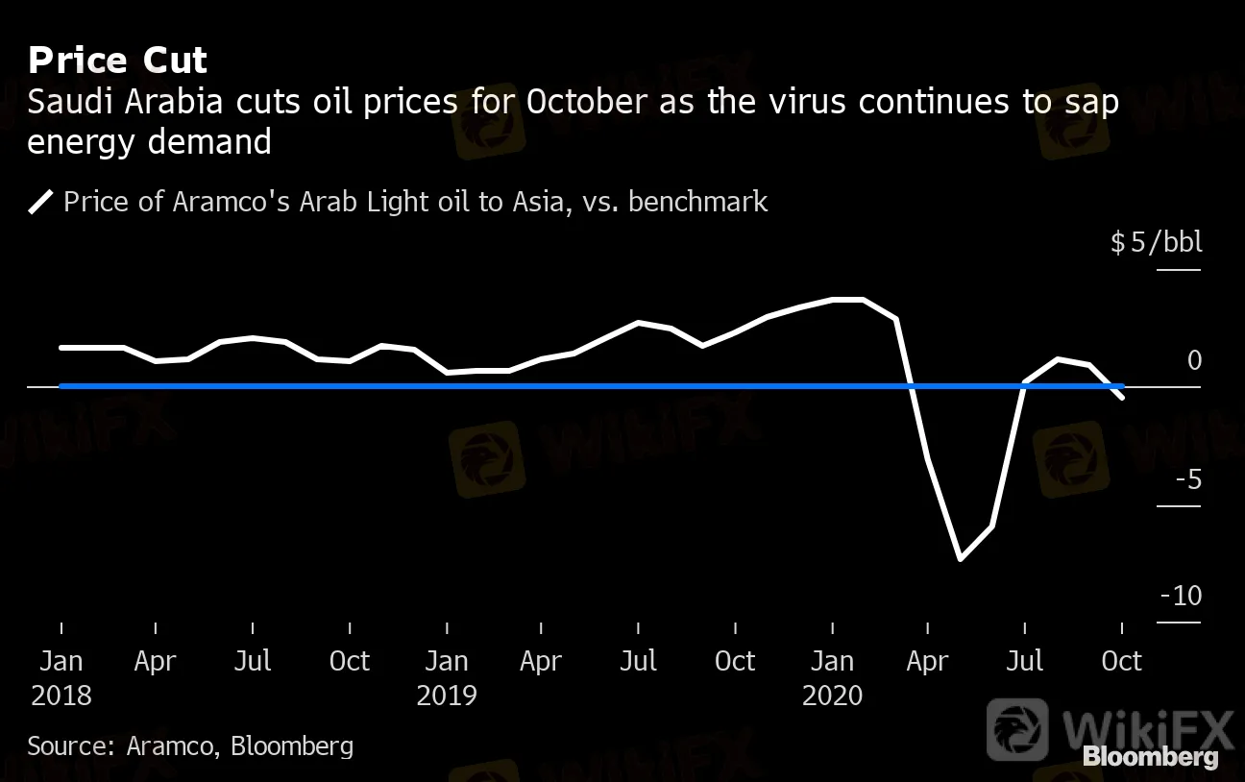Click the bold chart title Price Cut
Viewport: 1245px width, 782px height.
[117, 60]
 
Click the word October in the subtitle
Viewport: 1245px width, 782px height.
[587, 102]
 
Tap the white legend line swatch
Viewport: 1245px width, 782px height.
[40, 202]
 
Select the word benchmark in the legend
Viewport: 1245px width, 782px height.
[697, 201]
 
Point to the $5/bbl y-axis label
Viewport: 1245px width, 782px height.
[1156, 242]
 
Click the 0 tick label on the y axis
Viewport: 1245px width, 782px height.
[1194, 360]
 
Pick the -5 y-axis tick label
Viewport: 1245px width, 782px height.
[1189, 479]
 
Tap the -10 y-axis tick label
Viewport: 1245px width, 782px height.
[1182, 596]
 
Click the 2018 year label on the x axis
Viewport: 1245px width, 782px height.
[61, 696]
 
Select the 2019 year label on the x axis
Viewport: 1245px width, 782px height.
[447, 696]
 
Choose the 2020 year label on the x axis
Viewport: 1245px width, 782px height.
[832, 696]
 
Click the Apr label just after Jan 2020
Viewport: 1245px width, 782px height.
[927, 662]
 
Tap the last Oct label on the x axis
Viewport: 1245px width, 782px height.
[1122, 661]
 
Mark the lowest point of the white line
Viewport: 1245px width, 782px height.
[961, 558]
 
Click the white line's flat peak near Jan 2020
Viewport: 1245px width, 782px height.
[847, 300]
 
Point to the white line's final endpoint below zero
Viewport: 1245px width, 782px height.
[1123, 397]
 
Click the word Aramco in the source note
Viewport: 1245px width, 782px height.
[169, 746]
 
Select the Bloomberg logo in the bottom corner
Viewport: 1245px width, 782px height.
[1151, 757]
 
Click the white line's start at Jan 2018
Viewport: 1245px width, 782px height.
[61, 348]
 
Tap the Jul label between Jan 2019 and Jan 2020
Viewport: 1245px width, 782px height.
[638, 661]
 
